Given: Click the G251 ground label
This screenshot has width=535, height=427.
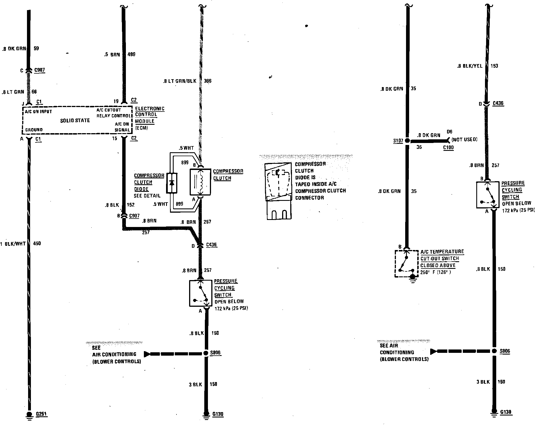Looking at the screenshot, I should click(41, 414).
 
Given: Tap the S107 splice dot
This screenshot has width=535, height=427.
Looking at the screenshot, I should click(407, 140).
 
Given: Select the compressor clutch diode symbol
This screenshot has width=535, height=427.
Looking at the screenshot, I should click(172, 183).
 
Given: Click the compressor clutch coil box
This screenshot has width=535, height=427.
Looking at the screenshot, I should click(200, 182).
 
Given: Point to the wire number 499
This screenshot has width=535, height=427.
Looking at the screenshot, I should click(131, 54).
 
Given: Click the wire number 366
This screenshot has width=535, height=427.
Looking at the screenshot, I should click(208, 81).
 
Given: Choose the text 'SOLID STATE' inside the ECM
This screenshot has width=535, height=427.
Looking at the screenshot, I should click(75, 121).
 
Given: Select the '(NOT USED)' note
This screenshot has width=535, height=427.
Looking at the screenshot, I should click(464, 139).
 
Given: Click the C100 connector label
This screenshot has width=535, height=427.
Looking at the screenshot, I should click(448, 147).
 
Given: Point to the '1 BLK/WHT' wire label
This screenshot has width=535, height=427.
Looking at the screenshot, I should click(13, 244).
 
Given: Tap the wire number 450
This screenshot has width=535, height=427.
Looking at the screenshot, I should click(37, 244).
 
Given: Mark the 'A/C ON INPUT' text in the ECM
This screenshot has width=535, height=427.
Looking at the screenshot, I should click(38, 112).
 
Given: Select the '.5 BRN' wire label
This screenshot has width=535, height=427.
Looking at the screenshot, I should click(112, 54).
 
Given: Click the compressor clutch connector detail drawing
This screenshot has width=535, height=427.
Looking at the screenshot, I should click(278, 191).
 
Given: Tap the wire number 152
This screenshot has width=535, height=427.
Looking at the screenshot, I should click(131, 205).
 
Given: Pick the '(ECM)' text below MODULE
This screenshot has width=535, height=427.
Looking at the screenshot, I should click(142, 128).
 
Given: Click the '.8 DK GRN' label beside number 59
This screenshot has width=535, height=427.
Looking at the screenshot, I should click(14, 49).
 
